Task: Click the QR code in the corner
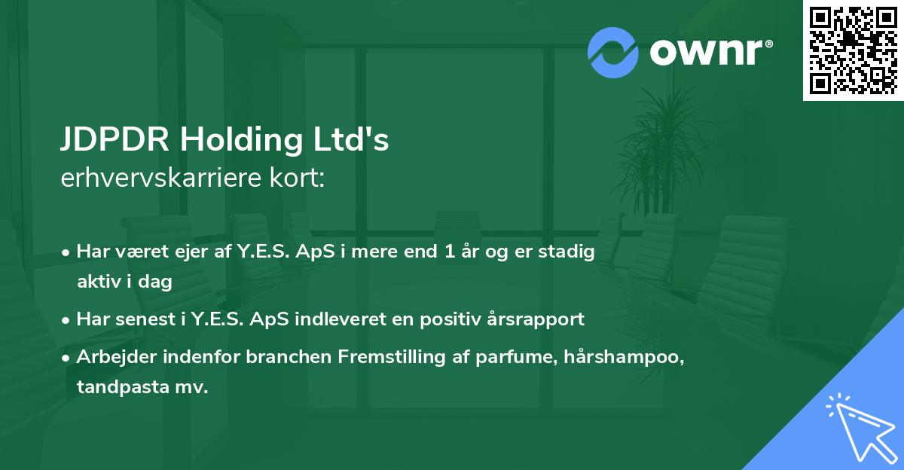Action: (x=853, y=50)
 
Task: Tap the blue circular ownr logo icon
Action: (x=613, y=52)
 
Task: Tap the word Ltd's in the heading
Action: (x=353, y=141)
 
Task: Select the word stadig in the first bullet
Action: (x=571, y=252)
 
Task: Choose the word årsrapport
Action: (x=540, y=319)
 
